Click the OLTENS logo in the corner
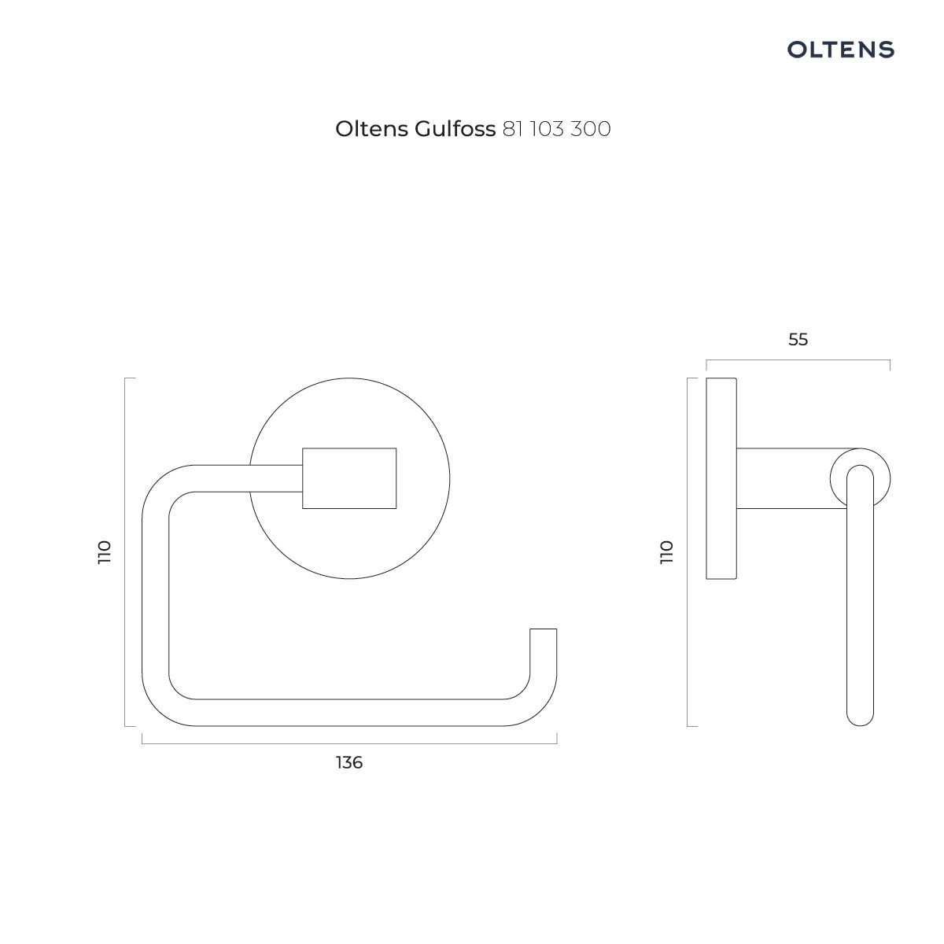[840, 50]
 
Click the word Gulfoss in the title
[455, 129]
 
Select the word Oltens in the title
[372, 129]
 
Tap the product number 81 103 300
[556, 129]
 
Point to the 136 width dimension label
[349, 763]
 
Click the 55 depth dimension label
[798, 340]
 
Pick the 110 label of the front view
[105, 552]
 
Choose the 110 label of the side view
[667, 552]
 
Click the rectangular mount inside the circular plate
[349, 478]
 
